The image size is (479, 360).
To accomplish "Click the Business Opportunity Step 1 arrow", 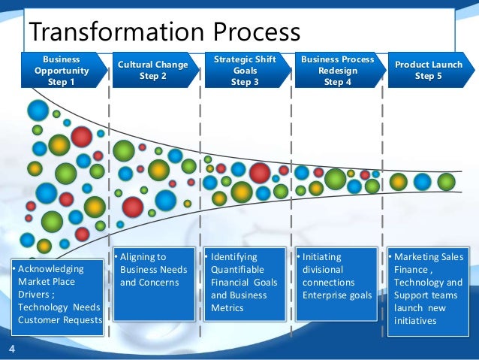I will [61, 71].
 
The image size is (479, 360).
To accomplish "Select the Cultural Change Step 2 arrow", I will [152, 71].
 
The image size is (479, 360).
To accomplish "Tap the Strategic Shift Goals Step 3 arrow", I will [245, 71].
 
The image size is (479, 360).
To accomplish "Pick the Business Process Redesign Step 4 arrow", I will [337, 71].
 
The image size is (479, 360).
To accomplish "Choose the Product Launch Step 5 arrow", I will [429, 71].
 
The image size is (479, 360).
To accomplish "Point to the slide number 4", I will [11, 349].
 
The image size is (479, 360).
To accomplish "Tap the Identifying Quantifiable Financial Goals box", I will [245, 285].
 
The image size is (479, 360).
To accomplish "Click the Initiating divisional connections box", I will [337, 285].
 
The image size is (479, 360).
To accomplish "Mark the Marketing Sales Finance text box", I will [429, 289].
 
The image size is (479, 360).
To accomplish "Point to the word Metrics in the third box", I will [227, 308].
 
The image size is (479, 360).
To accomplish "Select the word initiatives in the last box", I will [414, 321].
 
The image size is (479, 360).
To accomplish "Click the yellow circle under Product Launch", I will [399, 182].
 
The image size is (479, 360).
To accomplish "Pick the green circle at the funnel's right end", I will [447, 182].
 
